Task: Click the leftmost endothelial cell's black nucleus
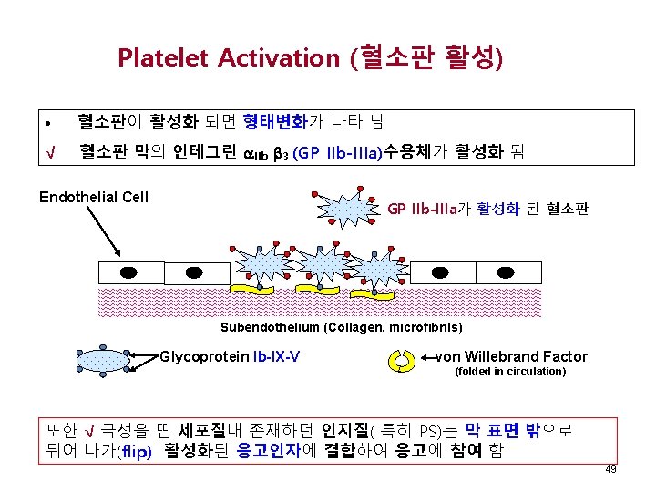point(129,272)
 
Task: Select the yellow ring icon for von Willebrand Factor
point(404,361)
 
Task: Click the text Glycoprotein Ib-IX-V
point(230,356)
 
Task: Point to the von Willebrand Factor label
point(512,356)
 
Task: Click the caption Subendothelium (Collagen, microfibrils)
point(342,327)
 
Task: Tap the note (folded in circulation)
point(510,372)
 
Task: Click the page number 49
point(610,470)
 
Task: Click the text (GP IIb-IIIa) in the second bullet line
point(338,150)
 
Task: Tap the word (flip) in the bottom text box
point(134,450)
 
